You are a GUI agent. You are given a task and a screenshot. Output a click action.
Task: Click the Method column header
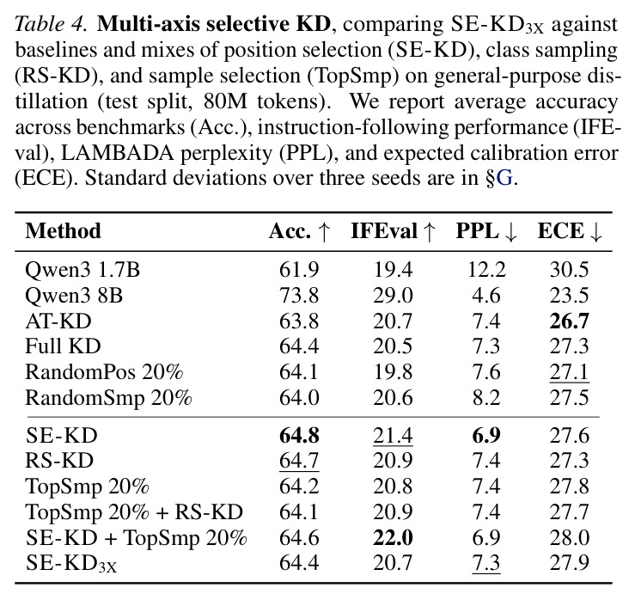[64, 231]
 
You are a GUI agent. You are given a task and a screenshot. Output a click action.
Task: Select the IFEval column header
[393, 231]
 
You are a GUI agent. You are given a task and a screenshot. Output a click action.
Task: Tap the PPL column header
[486, 231]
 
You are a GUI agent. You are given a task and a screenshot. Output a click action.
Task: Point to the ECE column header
[570, 231]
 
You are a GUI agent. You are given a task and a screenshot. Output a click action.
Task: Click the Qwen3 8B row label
[74, 296]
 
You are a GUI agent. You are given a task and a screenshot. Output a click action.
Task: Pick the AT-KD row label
[58, 321]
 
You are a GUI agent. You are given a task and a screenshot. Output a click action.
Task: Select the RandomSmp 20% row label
[108, 398]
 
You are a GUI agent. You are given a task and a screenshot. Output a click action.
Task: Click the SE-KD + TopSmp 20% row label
[136, 538]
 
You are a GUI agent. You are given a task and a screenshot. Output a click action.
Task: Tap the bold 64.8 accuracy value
[299, 436]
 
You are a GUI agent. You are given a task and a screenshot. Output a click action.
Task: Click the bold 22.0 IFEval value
[393, 538]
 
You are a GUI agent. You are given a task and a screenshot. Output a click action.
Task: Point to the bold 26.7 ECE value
[570, 321]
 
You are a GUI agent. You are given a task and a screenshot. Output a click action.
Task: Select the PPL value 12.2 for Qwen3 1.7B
[486, 270]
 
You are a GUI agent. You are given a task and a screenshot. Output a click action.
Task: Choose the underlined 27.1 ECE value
[570, 372]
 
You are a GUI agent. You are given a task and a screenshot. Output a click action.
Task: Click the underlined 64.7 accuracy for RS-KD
[299, 461]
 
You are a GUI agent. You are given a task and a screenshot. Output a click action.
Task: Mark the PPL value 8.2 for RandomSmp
[486, 398]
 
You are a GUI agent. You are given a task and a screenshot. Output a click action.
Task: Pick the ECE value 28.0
[570, 538]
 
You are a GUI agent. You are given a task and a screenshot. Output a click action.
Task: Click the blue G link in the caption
[504, 178]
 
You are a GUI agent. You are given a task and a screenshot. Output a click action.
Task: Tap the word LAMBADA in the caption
[118, 153]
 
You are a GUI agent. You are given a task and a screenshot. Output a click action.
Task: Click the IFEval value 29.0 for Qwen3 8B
[393, 296]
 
